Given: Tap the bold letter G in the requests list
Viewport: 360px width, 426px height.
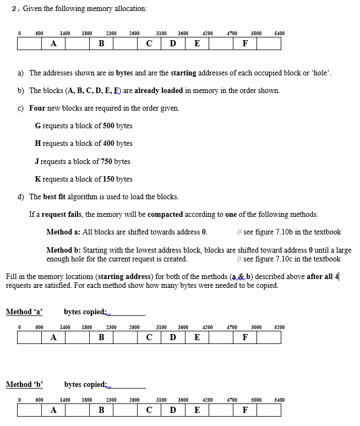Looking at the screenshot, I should pyautogui.click(x=37, y=125).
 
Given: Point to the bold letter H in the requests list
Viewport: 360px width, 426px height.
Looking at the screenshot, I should pyautogui.click(x=37, y=143).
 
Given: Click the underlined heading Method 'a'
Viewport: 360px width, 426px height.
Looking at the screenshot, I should pyautogui.click(x=24, y=312).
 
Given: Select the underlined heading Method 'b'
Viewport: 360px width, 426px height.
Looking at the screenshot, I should pyautogui.click(x=24, y=384).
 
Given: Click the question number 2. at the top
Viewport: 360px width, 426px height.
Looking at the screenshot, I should pyautogui.click(x=15, y=8).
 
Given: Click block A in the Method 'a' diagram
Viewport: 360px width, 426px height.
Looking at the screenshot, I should pyautogui.click(x=53, y=337).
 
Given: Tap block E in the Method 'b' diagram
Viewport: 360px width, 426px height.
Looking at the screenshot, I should pyautogui.click(x=197, y=410).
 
